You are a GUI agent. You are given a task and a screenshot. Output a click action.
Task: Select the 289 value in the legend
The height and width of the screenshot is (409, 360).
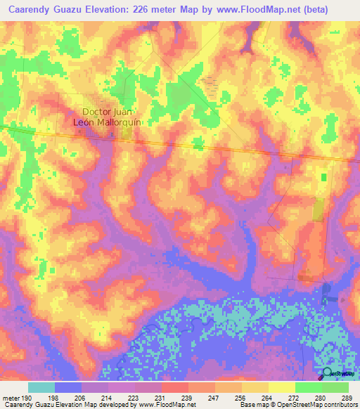(345, 396)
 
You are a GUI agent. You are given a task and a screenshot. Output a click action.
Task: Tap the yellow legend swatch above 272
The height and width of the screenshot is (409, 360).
(281, 387)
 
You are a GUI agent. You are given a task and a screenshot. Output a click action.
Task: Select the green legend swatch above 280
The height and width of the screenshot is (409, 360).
(308, 387)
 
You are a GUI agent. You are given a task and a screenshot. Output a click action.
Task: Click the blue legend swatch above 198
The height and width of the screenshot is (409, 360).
(67, 387)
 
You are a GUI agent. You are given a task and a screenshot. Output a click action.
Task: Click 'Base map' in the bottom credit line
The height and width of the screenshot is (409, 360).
(250, 405)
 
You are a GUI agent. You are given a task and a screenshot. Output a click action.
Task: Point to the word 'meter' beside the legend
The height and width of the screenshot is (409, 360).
(12, 396)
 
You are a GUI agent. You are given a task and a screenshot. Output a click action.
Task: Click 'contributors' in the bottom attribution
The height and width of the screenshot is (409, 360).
(340, 405)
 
